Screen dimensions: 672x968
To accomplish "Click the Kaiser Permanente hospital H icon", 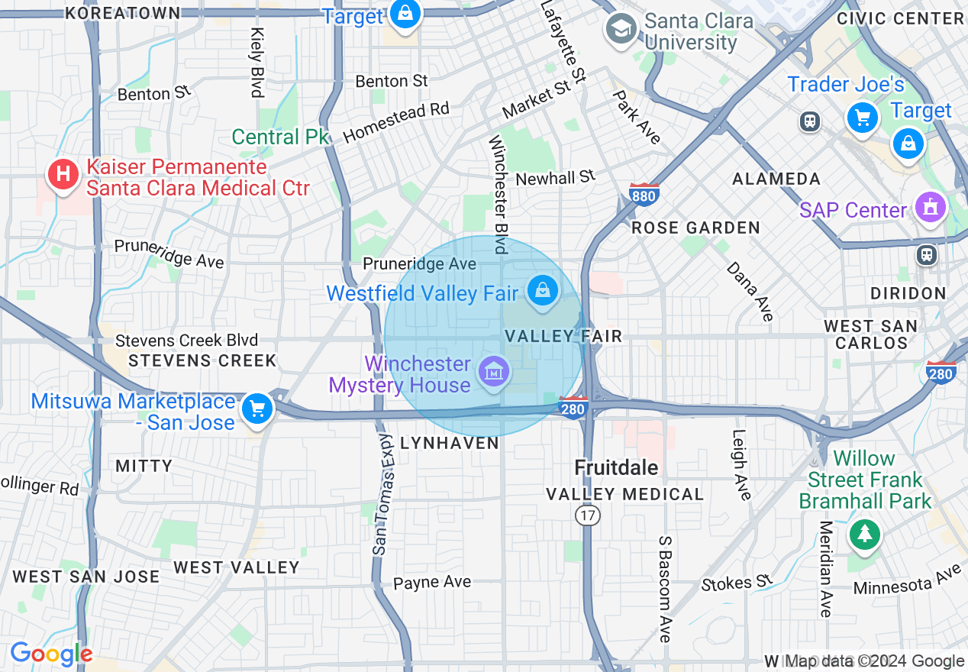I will click(x=64, y=175).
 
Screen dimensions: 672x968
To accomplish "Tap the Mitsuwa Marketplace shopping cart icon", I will click(x=257, y=410).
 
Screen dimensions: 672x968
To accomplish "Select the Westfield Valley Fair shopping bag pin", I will click(x=542, y=291).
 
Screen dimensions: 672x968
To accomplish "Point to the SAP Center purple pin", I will click(x=931, y=208).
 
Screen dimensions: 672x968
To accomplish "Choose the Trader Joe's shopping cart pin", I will click(x=863, y=118).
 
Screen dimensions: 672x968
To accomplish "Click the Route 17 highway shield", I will click(x=587, y=516).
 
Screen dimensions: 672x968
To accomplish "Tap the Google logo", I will click(x=51, y=654).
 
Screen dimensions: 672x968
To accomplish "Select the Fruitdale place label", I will click(x=616, y=467).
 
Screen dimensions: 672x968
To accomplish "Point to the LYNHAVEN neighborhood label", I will click(x=450, y=443).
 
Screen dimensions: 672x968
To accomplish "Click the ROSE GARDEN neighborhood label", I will click(x=696, y=228).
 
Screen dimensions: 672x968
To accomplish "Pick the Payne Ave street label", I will click(x=432, y=582).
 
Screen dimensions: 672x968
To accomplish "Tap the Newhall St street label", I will click(x=555, y=178).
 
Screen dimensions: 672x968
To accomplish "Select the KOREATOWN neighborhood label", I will click(x=123, y=13).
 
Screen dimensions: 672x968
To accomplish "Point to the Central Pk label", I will click(x=280, y=137).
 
